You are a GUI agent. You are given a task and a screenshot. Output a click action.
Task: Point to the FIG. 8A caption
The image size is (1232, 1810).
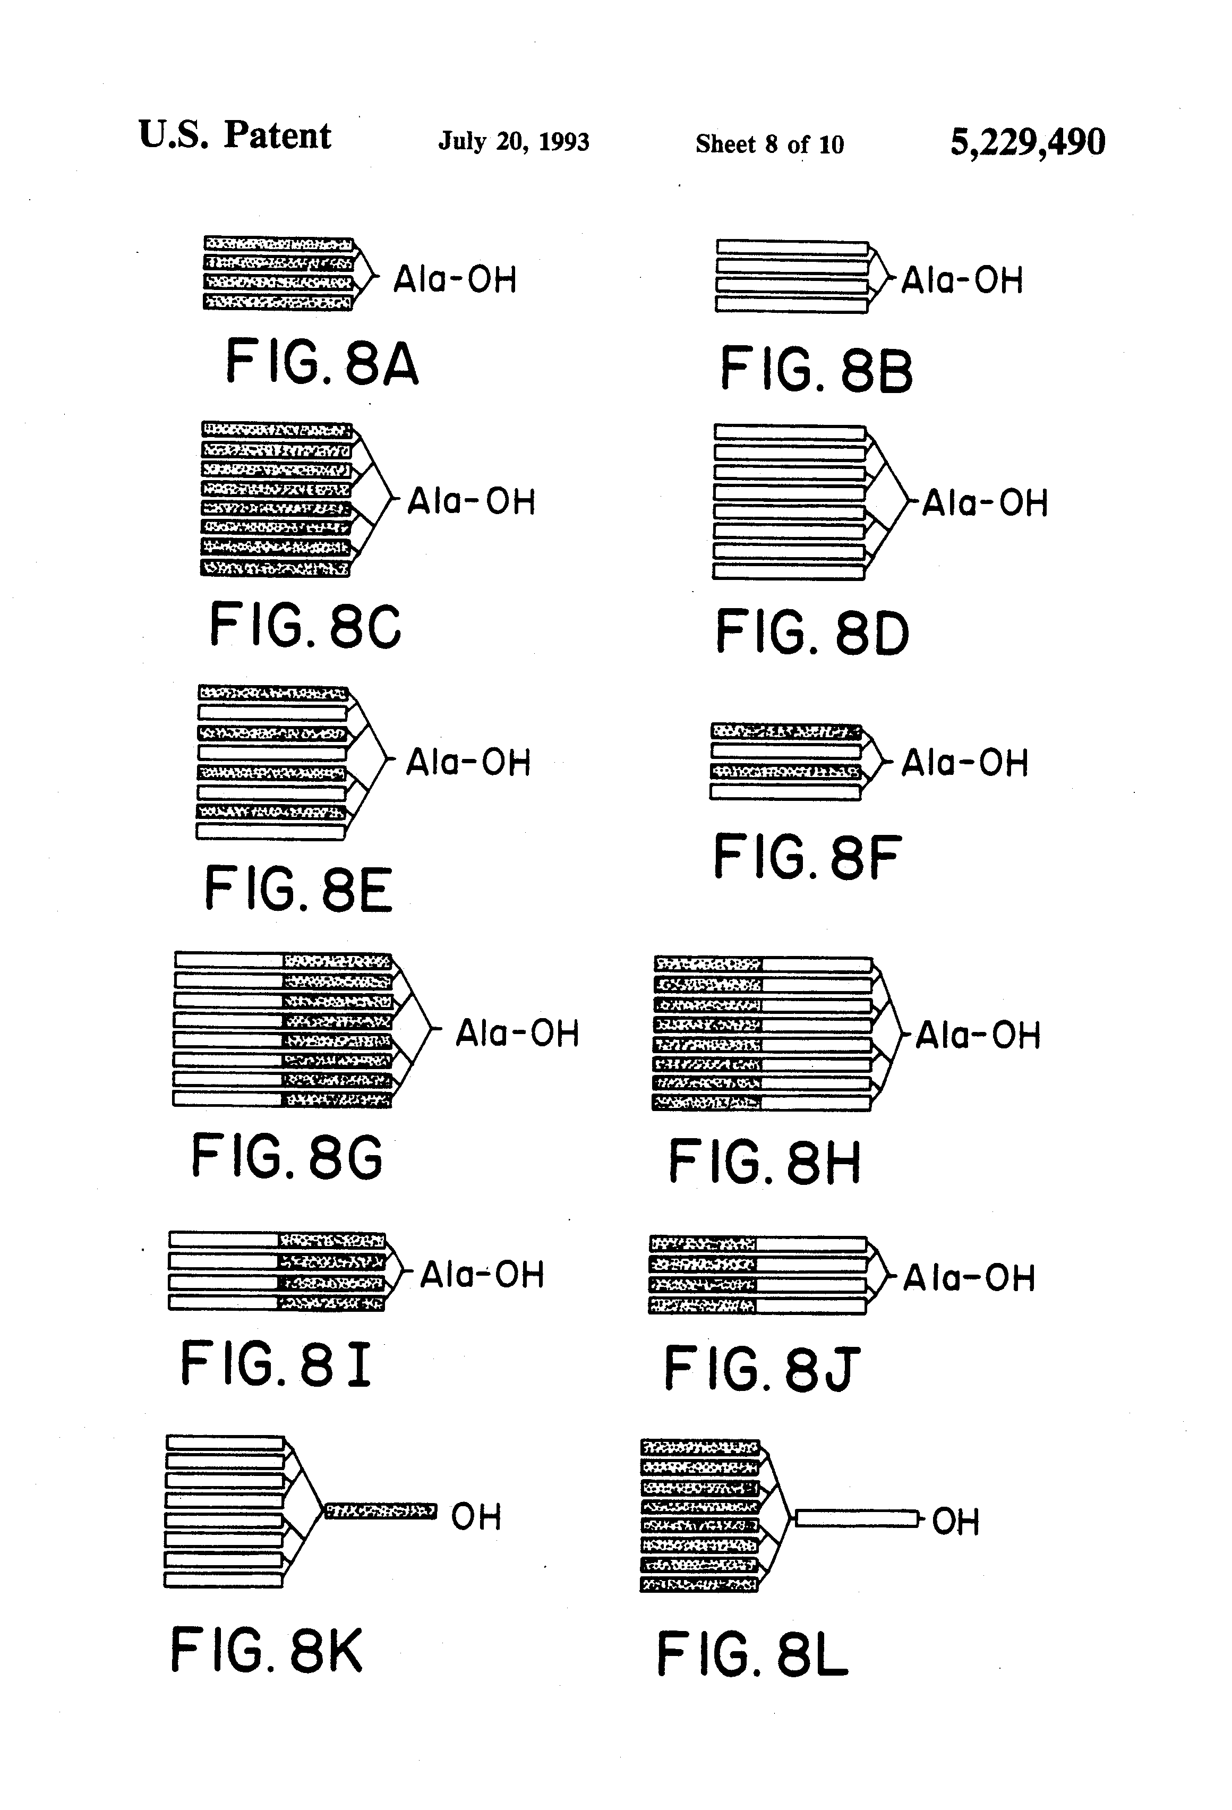click(322, 362)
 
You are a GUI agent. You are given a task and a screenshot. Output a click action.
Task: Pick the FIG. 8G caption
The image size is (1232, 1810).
click(287, 1157)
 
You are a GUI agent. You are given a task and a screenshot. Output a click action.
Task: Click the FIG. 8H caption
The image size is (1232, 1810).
click(764, 1162)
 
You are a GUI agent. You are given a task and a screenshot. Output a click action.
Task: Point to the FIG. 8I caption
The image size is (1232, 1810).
click(275, 1364)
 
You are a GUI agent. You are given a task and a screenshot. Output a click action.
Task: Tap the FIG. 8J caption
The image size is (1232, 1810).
click(761, 1369)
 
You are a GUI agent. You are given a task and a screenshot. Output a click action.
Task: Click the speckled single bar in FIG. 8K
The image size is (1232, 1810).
click(379, 1512)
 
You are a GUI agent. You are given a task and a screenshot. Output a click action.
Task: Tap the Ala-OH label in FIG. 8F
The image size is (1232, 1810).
click(964, 763)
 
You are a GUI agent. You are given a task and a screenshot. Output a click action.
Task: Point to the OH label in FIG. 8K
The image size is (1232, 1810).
click(475, 1516)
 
